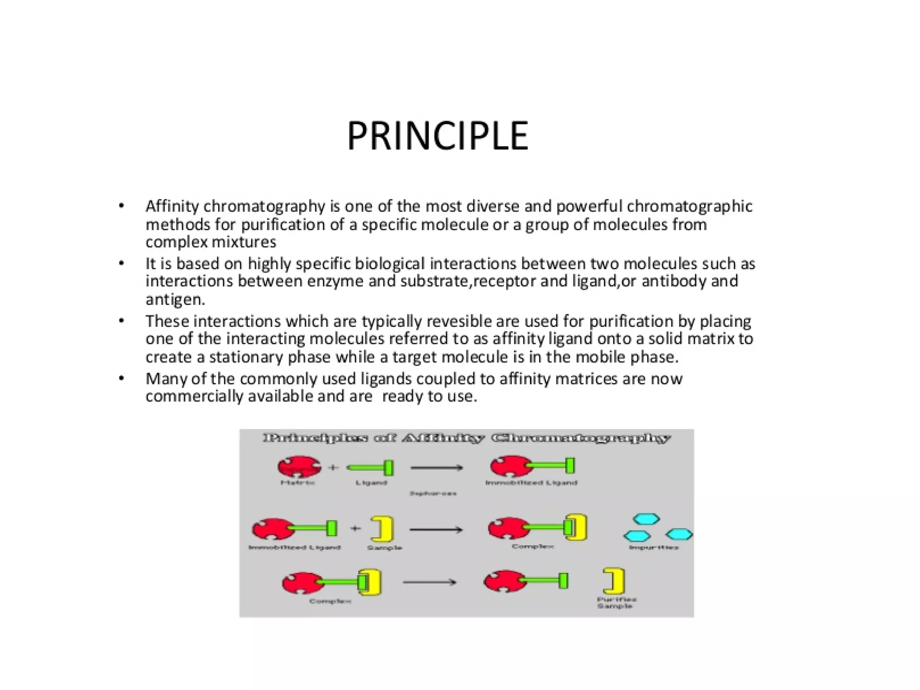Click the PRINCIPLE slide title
pyautogui.click(x=438, y=136)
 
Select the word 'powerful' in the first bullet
pyautogui.click(x=589, y=206)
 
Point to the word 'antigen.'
pyautogui.click(x=175, y=299)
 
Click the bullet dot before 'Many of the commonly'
pyautogui.click(x=121, y=378)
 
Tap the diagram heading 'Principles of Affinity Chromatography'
pyautogui.click(x=466, y=438)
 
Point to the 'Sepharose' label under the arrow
pyautogui.click(x=433, y=494)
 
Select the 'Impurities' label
pyautogui.click(x=654, y=548)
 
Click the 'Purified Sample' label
pyautogui.click(x=616, y=603)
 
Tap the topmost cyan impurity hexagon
pyautogui.click(x=646, y=520)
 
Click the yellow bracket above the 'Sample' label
pyautogui.click(x=383, y=529)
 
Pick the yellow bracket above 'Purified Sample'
pyautogui.click(x=615, y=581)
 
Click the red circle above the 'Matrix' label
pyautogui.click(x=299, y=467)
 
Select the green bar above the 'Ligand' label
pyautogui.click(x=371, y=468)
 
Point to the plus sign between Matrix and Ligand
pyautogui.click(x=333, y=467)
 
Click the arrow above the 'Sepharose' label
pyautogui.click(x=436, y=468)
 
